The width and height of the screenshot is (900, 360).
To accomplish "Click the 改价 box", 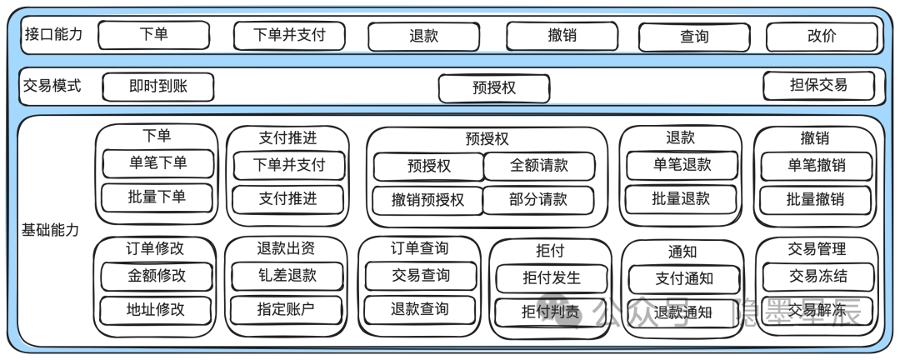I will tap(821, 37).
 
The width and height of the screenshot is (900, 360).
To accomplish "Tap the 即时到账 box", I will tap(157, 86).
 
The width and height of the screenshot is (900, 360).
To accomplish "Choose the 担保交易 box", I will tap(818, 85).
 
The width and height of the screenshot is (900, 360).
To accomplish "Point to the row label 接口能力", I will tap(53, 34).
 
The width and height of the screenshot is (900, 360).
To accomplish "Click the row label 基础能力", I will tap(50, 229).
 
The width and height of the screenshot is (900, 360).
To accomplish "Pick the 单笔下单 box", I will tap(157, 163).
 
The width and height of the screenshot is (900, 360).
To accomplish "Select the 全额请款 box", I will tap(538, 166).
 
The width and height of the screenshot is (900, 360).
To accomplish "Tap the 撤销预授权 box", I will tap(427, 200).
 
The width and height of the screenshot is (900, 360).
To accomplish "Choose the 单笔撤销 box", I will tap(815, 165).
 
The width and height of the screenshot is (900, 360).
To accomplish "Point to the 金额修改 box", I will tap(157, 276).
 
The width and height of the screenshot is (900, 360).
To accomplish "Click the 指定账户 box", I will tap(286, 309).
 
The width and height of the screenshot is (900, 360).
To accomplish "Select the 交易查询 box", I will tap(420, 276).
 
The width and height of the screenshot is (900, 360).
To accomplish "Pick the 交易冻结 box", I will tap(817, 277).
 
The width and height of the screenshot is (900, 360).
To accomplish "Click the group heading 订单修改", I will tap(155, 248).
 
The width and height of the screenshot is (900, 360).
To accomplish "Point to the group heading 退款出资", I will tap(286, 248).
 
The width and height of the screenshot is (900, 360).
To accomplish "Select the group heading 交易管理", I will tap(816, 248).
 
